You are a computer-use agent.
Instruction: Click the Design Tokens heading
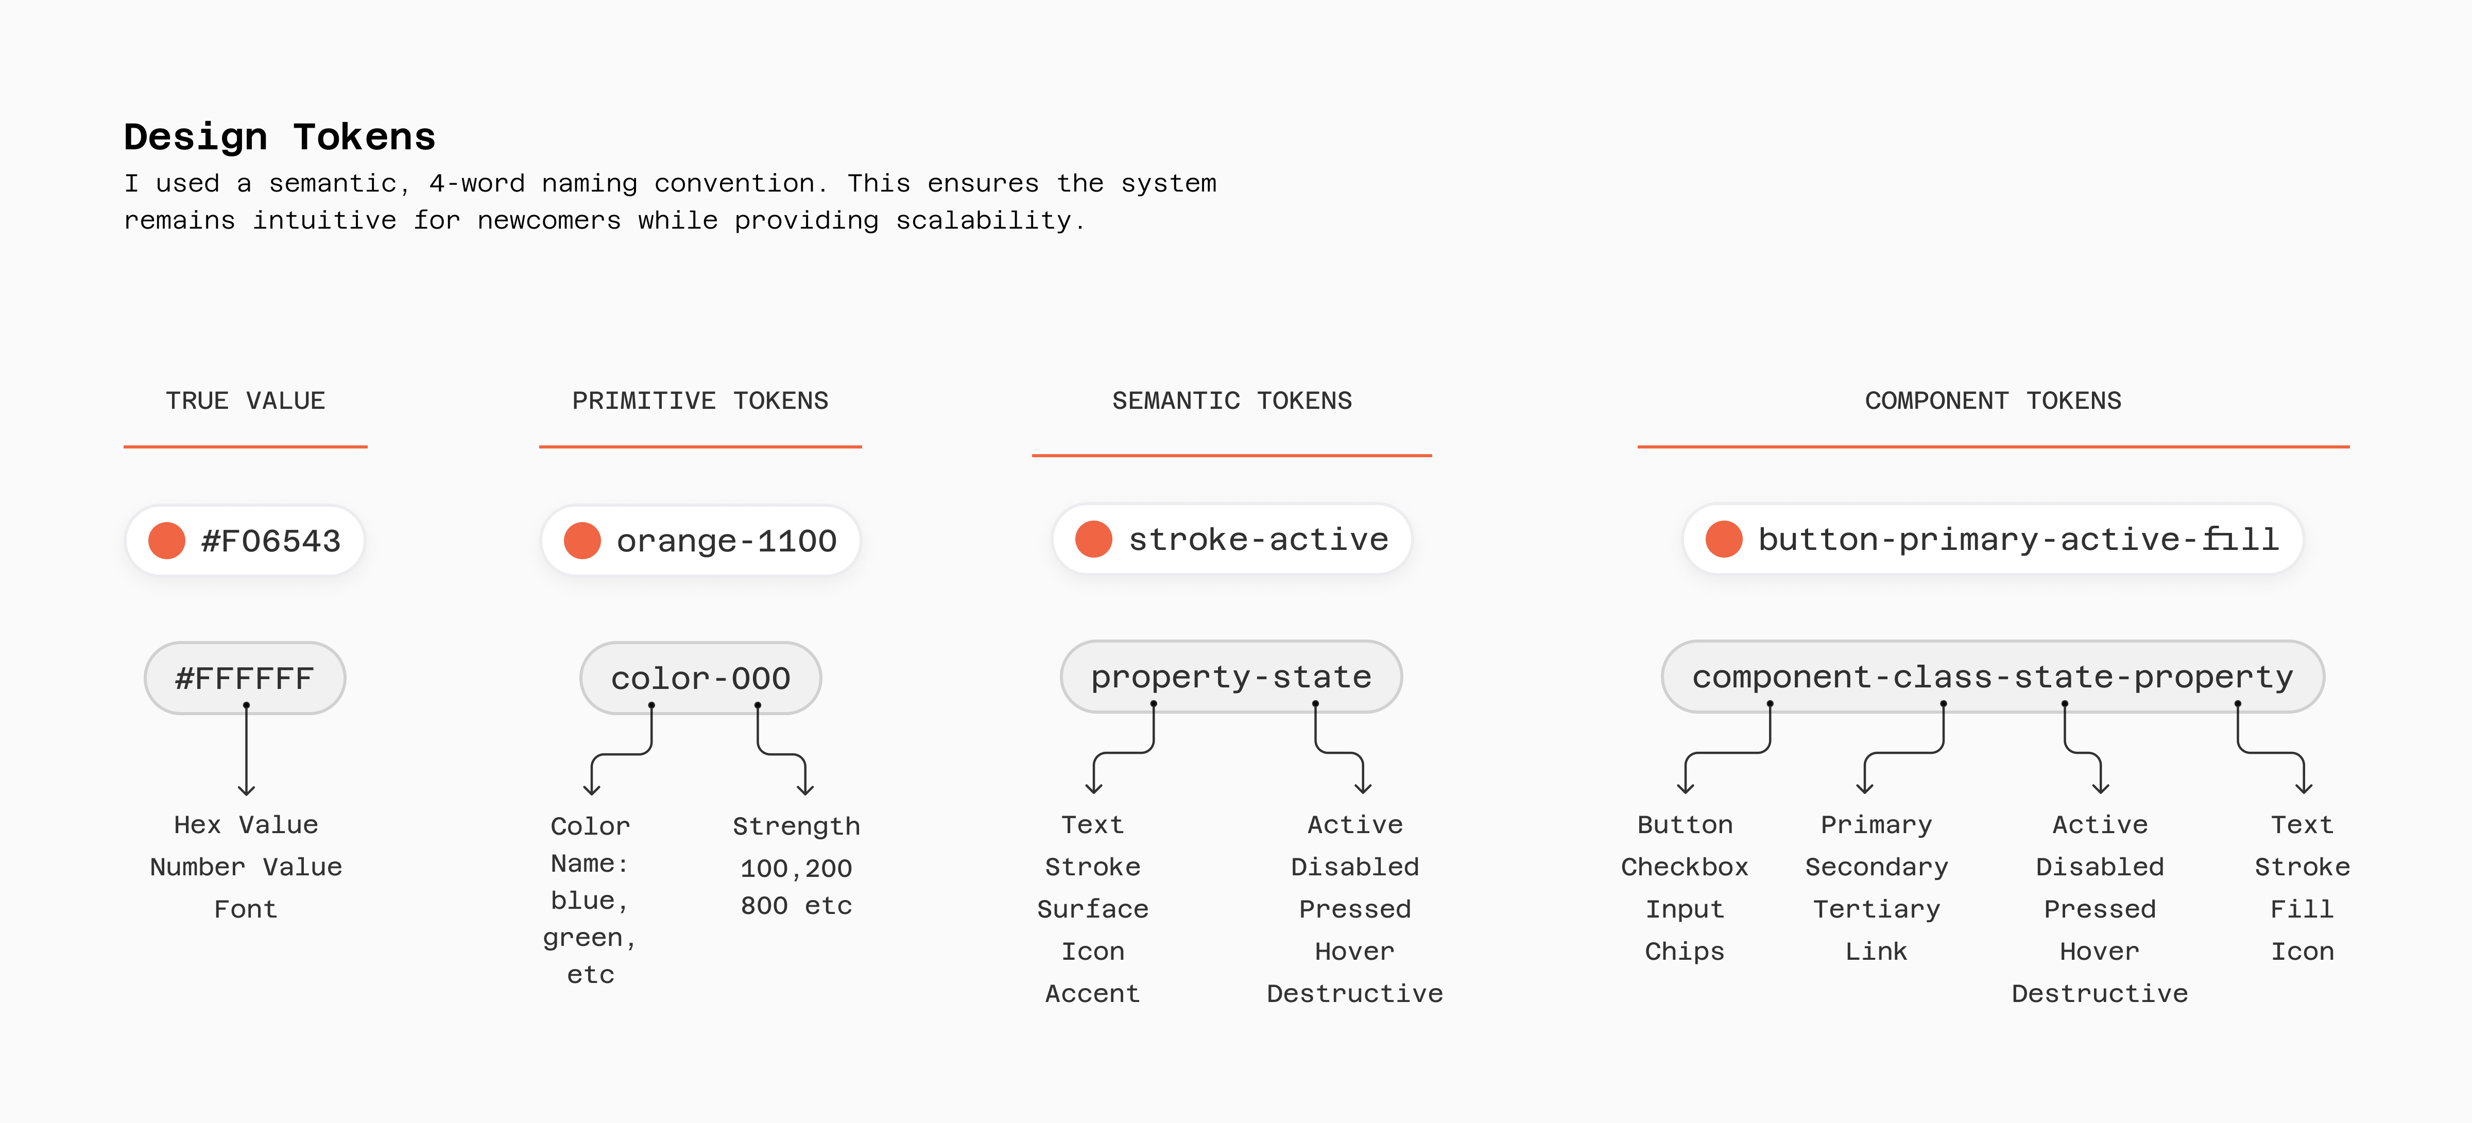coord(279,137)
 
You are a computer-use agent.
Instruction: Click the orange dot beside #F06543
coord(167,540)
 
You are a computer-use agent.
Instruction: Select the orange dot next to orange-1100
coord(582,540)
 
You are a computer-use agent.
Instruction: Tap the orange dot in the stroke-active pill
coord(1094,540)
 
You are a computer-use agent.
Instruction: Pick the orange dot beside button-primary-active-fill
coord(1724,540)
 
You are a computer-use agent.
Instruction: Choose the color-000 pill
coord(700,678)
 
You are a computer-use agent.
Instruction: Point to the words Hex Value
coord(246,824)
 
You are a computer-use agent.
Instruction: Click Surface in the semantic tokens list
coord(1093,909)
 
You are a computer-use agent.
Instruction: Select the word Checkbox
coord(1685,867)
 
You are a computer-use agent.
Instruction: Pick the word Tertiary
coord(1877,909)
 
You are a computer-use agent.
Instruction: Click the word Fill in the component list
coord(2302,909)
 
